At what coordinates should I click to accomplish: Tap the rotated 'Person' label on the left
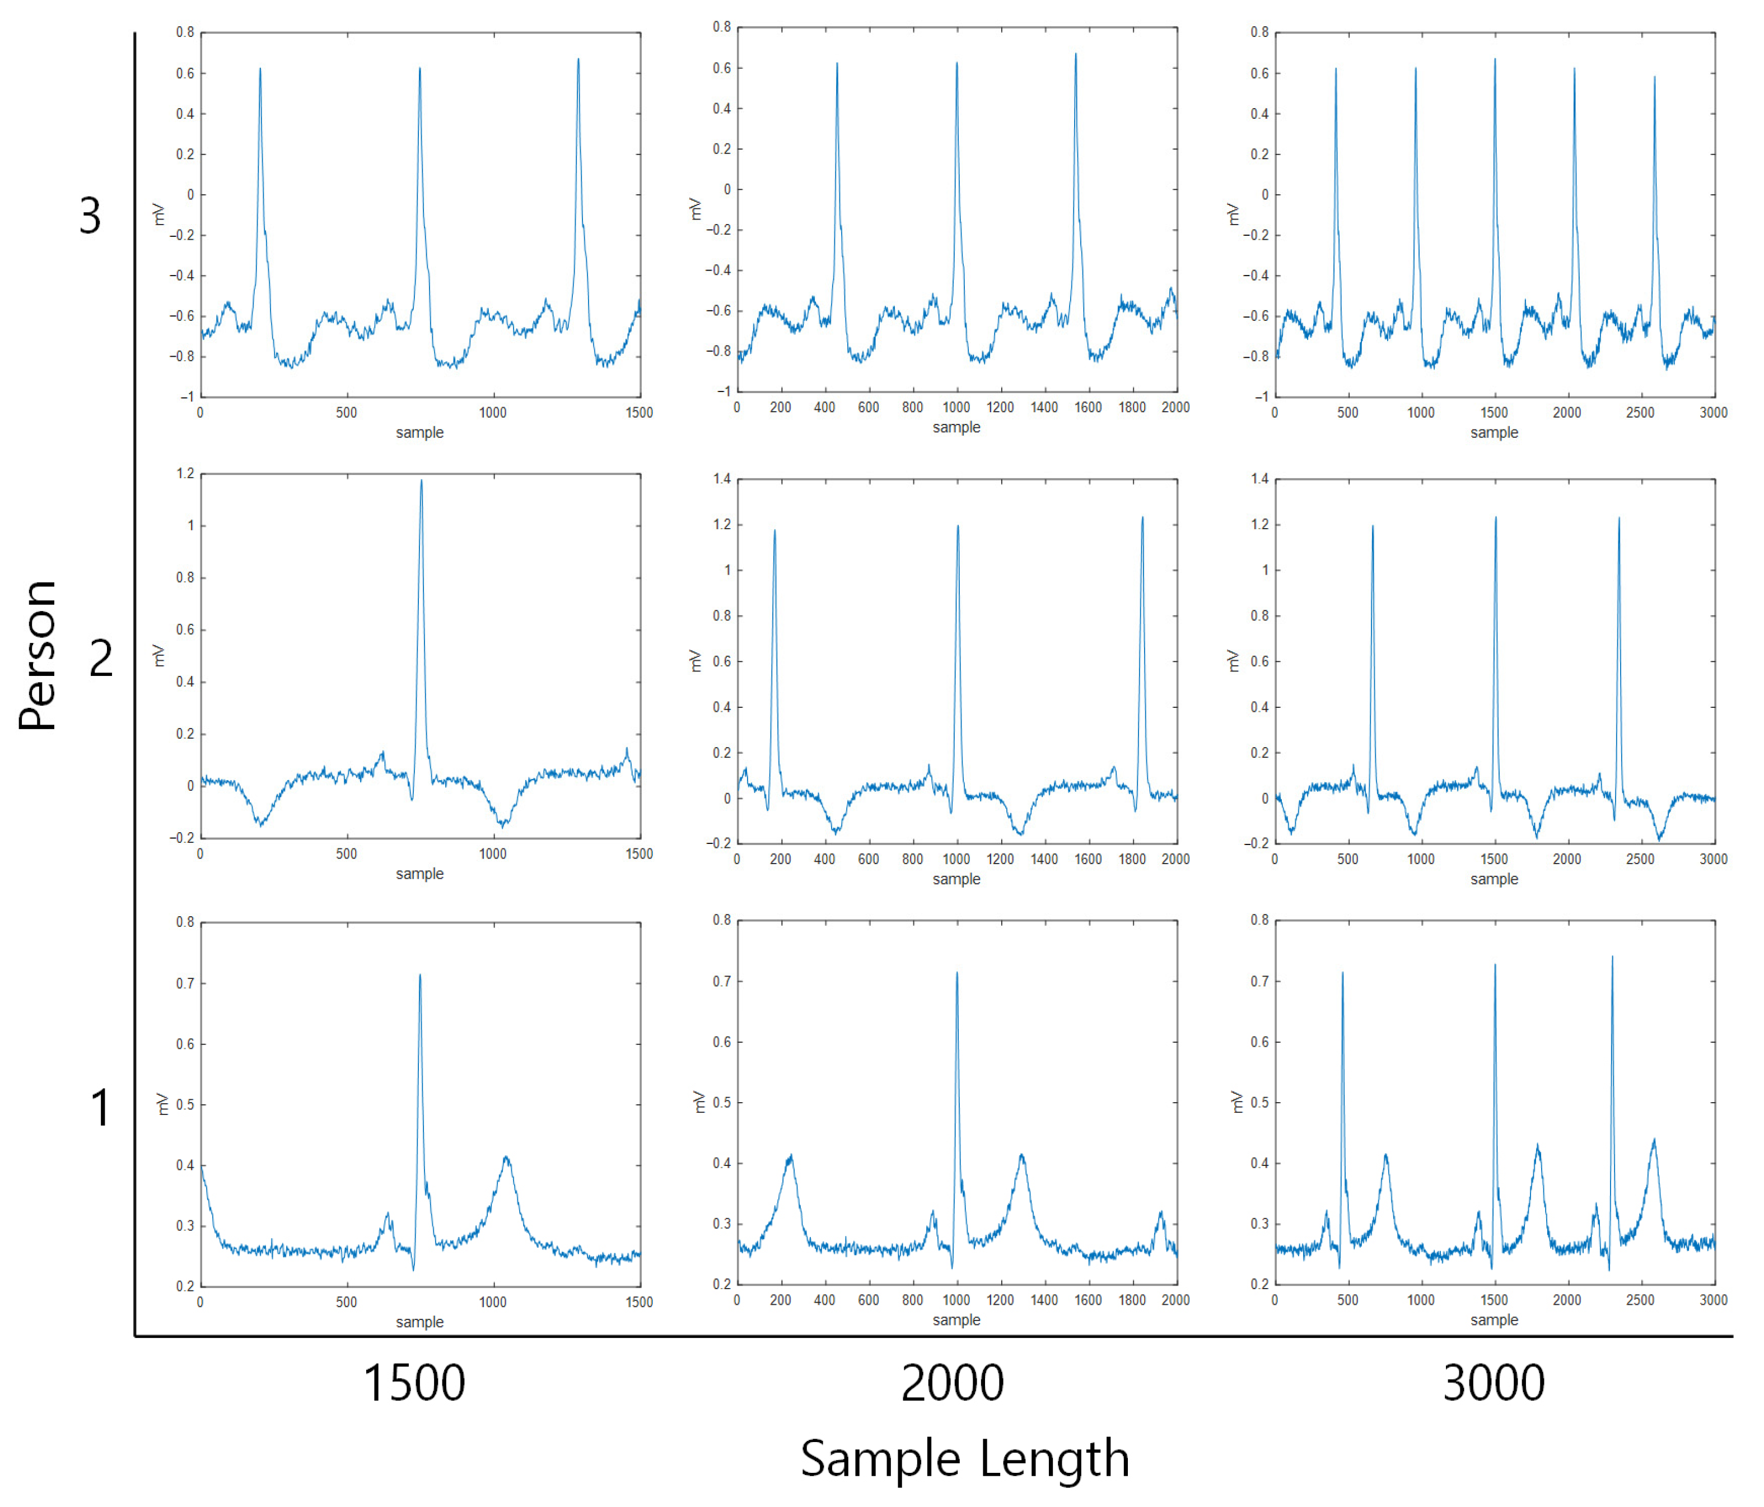tap(38, 656)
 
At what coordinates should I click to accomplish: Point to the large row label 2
tap(100, 658)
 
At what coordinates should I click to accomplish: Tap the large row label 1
tap(100, 1108)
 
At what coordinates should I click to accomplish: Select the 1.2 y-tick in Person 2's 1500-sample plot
tap(185, 473)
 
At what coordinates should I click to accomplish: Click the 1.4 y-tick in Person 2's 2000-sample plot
tap(722, 479)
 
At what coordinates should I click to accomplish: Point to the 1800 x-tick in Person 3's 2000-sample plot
tap(1131, 408)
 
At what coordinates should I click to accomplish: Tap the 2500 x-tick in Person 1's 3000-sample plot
tap(1640, 1300)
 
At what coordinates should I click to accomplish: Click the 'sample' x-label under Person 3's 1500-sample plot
tap(419, 432)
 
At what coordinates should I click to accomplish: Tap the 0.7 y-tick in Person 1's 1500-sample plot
tap(185, 983)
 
